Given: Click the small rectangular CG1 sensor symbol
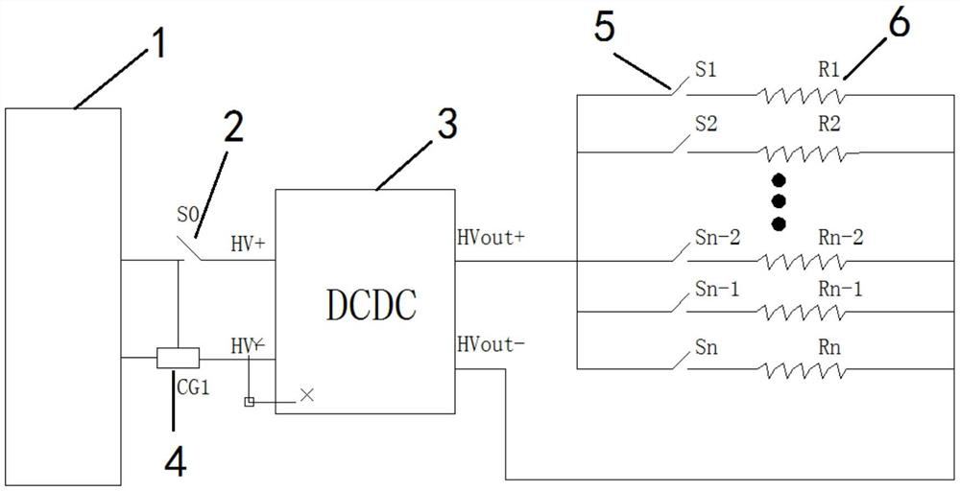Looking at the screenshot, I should coord(179,359).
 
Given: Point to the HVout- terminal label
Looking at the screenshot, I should coord(492,342).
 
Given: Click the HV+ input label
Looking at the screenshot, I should coord(248,246).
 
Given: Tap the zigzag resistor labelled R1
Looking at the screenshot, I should coord(802,95).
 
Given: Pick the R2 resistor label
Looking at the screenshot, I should coord(828,125).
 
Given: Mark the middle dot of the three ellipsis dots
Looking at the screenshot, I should coord(779,201).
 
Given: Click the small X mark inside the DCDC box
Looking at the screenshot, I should coord(307,394).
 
